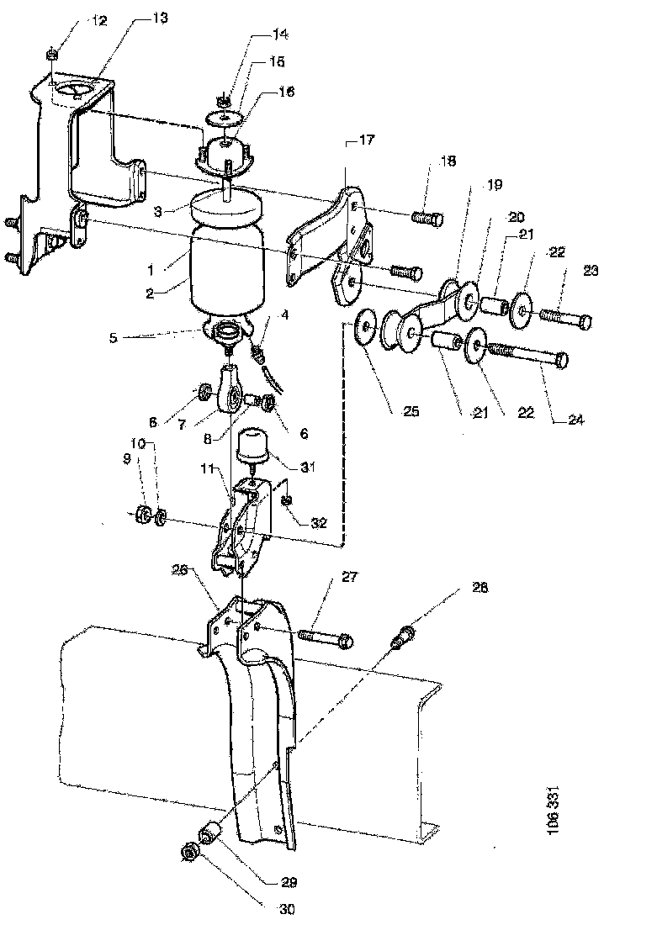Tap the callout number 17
coord(367,140)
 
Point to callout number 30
coord(286,910)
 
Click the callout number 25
coord(411,410)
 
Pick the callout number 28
coord(480,588)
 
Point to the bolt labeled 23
coord(564,317)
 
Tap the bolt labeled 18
coord(427,219)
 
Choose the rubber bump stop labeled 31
coord(252,447)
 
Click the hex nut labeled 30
coord(190,853)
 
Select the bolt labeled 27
coord(326,637)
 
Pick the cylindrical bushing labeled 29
coord(211,835)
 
